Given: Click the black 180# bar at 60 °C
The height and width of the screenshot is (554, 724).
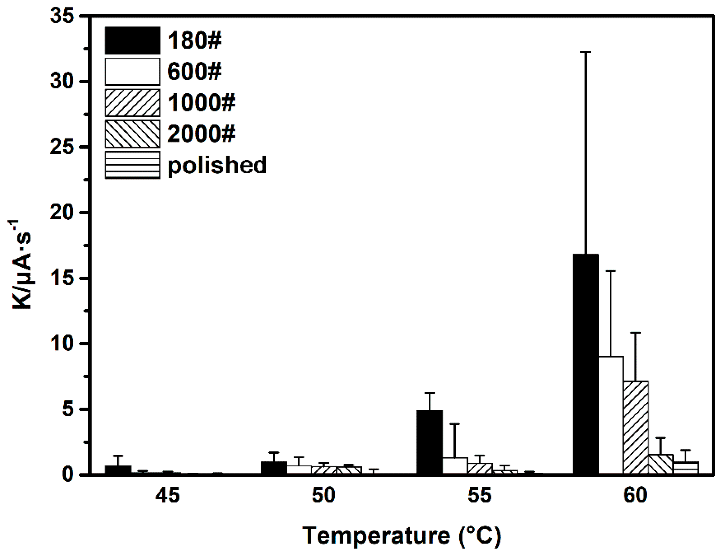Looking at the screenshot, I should coord(586,364).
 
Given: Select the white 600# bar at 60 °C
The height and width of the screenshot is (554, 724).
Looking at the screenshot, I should coord(611,415).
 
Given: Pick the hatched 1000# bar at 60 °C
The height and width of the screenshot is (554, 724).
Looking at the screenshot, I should coord(636,428).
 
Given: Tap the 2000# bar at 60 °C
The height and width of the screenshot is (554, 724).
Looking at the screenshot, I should coord(660,465).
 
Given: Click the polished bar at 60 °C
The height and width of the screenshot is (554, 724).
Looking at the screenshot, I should coord(685,468).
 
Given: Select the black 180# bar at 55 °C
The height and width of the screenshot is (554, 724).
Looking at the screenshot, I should coord(429,443).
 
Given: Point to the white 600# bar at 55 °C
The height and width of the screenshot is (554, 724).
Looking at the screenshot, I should coord(455,466).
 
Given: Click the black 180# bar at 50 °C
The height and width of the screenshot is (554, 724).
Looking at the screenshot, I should coord(274,468).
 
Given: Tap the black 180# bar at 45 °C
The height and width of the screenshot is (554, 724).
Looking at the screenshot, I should coord(118,470).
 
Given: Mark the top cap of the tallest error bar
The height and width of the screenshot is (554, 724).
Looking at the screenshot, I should coord(586,52).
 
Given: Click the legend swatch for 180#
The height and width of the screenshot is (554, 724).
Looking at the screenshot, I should coord(132,40).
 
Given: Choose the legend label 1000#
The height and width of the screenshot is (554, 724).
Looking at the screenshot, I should coord(201,103).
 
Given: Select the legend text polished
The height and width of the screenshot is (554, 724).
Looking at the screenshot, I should coord(217,165).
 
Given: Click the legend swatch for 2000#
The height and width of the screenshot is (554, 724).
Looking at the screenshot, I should coord(132,134).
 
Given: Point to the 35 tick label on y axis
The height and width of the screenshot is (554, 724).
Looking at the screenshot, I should coord(62,16).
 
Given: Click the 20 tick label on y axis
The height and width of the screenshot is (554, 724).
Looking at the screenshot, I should coord(62,212).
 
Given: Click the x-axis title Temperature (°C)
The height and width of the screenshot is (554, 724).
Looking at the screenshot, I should coord(402,536).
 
